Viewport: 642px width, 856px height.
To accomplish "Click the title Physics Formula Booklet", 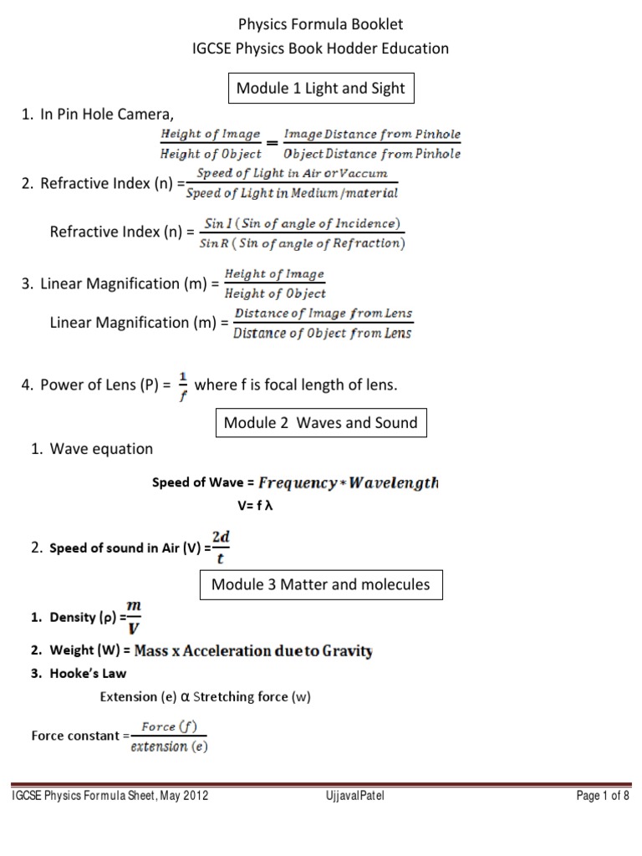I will click(x=321, y=25).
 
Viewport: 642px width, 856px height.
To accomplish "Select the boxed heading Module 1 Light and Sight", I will click(x=321, y=89).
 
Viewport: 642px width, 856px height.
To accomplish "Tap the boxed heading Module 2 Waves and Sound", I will click(x=320, y=423).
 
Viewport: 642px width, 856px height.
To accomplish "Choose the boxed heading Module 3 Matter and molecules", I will click(x=321, y=584).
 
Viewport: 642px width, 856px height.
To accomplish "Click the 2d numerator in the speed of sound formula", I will click(x=222, y=535).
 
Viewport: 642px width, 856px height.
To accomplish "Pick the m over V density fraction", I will click(x=132, y=617).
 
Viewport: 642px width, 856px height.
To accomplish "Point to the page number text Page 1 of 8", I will click(x=603, y=797).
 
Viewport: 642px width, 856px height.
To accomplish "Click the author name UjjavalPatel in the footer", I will click(x=354, y=797).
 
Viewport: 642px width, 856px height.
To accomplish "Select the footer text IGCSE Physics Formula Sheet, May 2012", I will click(x=110, y=797).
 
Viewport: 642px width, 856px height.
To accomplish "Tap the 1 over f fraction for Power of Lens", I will click(x=181, y=385).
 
